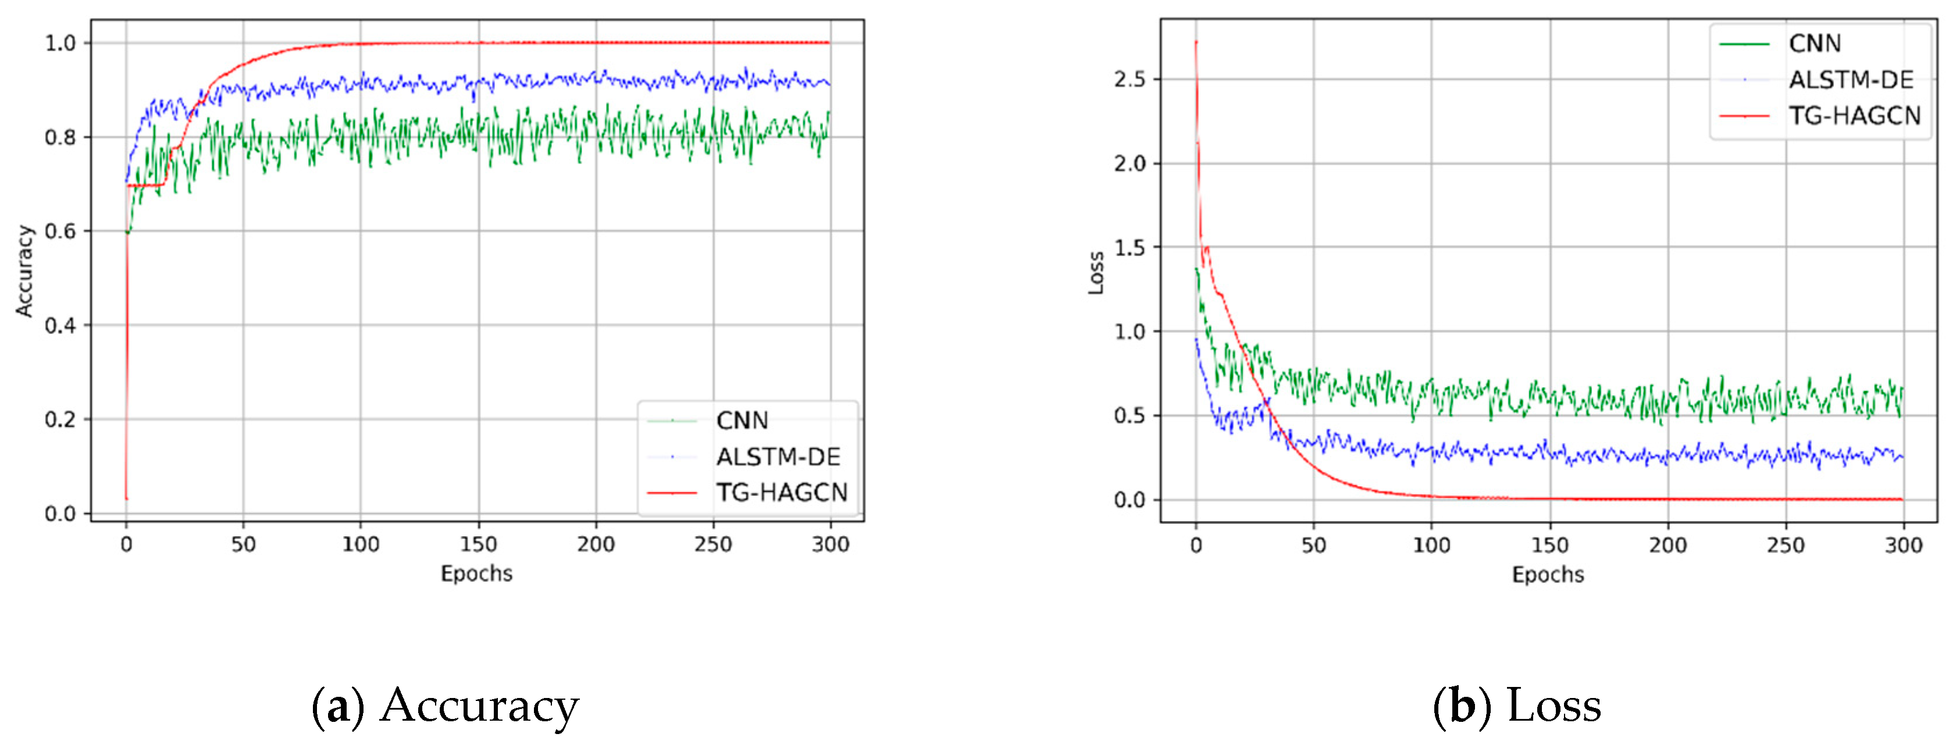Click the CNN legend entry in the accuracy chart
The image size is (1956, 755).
coord(742,420)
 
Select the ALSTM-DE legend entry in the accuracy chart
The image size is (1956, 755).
coord(778,457)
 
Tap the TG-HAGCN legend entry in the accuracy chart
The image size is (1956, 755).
coord(781,493)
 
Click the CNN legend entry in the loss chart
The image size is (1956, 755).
coord(1814,43)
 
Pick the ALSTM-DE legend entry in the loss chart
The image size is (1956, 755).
coord(1851,80)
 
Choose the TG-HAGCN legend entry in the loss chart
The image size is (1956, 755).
coord(1854,115)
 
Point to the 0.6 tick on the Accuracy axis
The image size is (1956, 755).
coord(60,232)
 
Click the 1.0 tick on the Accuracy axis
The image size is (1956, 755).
coord(60,43)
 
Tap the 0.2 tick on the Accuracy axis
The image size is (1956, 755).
coord(60,419)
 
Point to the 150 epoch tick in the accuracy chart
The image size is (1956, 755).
coord(478,544)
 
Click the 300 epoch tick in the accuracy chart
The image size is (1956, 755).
coord(830,544)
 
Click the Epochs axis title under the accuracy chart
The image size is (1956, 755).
coord(477,574)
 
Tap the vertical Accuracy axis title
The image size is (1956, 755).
coord(25,271)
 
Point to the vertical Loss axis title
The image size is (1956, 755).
coord(1096,273)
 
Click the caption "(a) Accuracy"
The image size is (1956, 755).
coord(446,706)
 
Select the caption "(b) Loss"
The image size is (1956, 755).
coord(1516,706)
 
